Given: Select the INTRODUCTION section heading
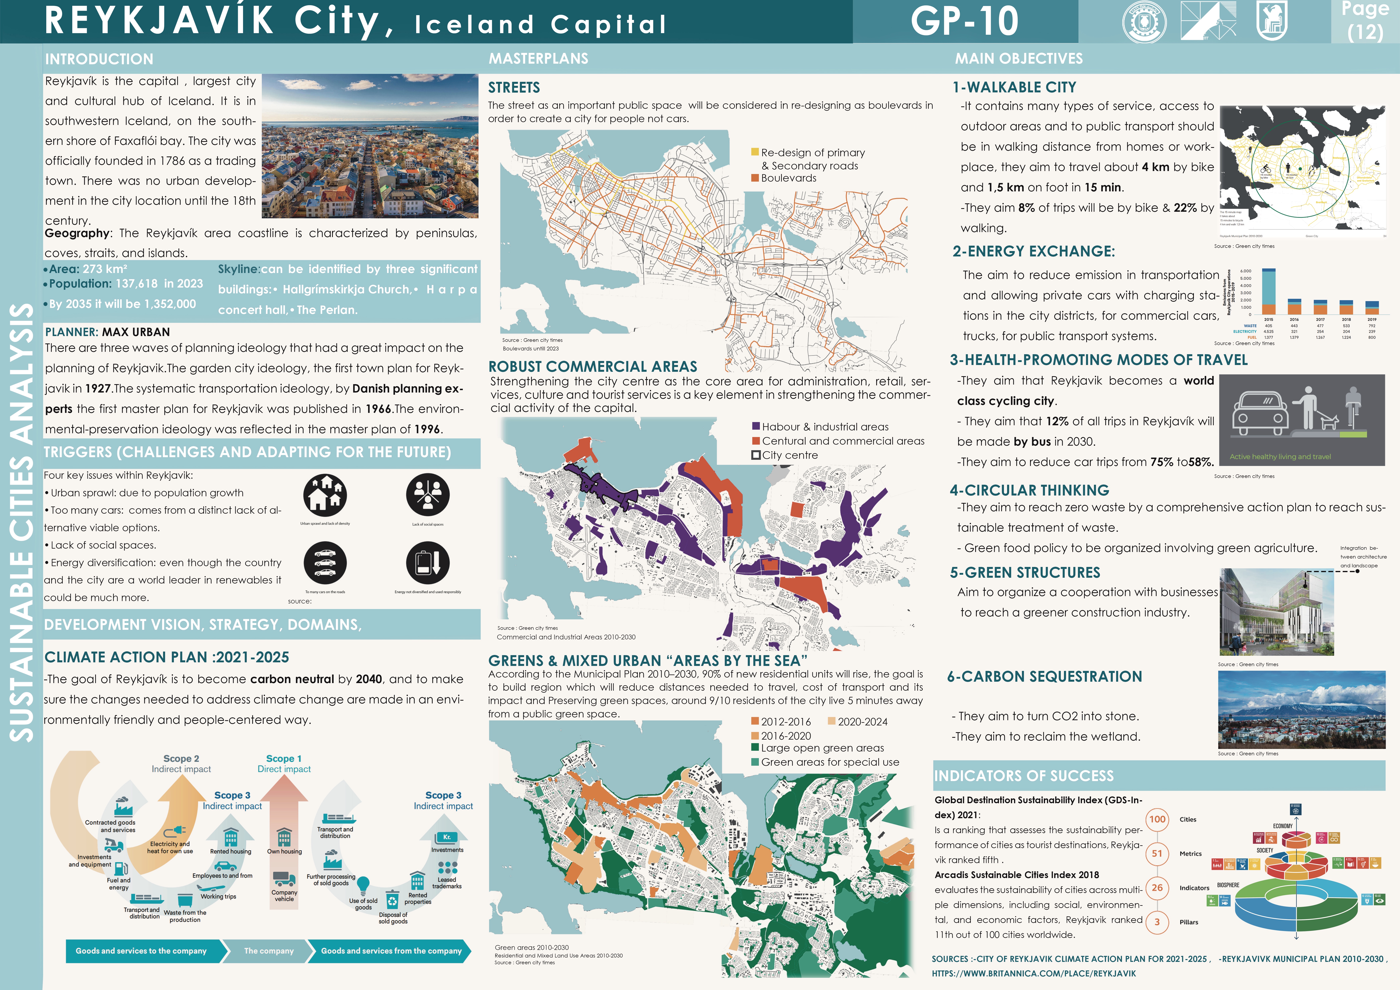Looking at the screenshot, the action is pos(99,59).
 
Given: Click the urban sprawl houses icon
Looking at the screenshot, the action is pos(325,495).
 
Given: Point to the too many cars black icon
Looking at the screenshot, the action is pos(325,563).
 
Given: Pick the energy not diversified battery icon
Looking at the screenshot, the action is pos(427,563).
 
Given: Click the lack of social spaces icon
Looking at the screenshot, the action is pos(427,495).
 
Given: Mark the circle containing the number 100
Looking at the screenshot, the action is pos(1157,819).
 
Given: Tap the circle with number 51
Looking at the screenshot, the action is pos(1157,853).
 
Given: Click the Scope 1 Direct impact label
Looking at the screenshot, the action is pos(284,764).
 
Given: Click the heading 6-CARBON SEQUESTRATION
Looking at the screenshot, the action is pos(1044,676).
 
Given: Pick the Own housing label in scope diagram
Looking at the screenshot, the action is pos(284,852).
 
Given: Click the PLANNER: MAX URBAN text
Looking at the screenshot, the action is pos(107,332).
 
